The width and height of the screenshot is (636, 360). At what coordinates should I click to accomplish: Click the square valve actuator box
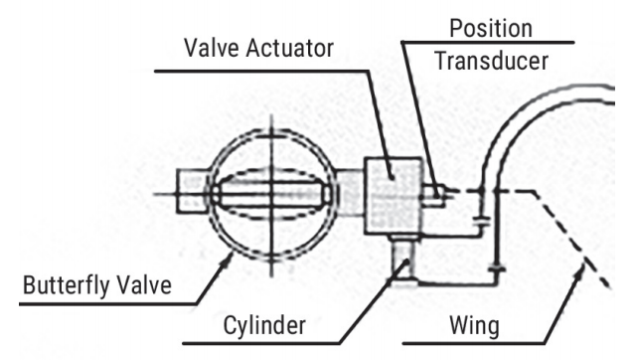(394, 193)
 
